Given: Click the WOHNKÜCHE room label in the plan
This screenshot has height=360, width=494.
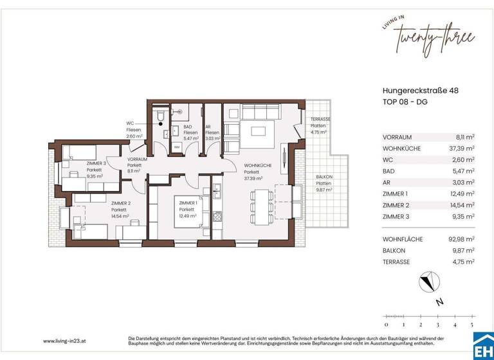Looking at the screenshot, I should [257, 166].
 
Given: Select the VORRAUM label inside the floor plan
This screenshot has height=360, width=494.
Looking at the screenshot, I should [137, 159].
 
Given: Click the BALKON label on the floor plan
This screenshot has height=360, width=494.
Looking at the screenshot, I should [323, 177].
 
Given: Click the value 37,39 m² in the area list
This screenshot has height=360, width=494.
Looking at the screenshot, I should [462, 148].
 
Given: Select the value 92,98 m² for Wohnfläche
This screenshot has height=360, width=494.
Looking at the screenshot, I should [462, 239].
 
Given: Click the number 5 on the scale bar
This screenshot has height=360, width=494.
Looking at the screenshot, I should [473, 325].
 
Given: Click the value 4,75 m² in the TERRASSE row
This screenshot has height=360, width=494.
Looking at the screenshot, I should [463, 262].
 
